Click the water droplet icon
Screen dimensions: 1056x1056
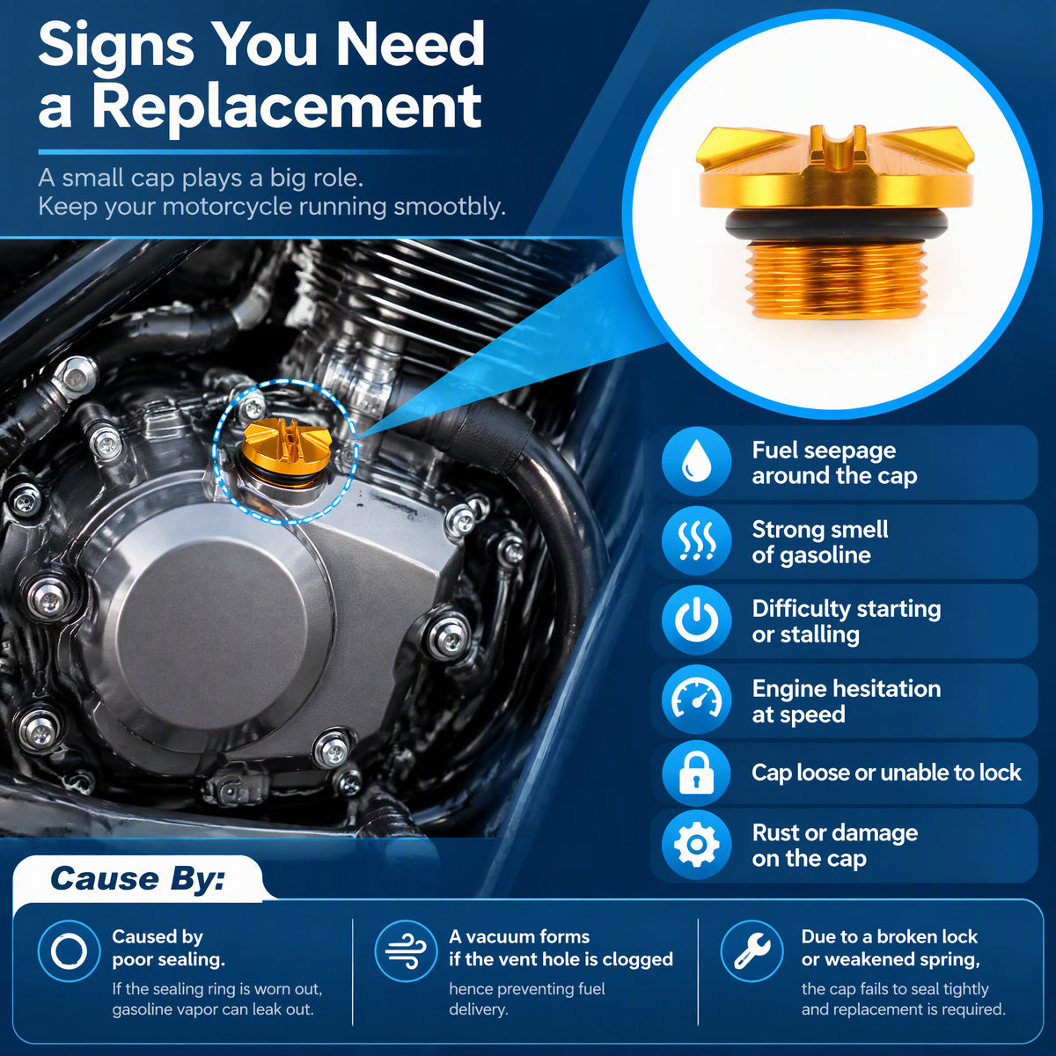pyautogui.click(x=696, y=462)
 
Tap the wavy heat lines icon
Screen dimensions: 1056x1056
pyautogui.click(x=696, y=540)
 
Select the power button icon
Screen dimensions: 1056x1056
pyautogui.click(x=696, y=620)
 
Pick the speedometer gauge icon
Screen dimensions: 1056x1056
pyautogui.click(x=696, y=700)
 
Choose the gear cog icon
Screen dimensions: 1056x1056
pyautogui.click(x=696, y=844)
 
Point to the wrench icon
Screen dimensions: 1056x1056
pyautogui.click(x=752, y=950)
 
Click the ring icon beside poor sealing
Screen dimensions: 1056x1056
pyautogui.click(x=69, y=950)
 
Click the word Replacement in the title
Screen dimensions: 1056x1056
pyautogui.click(x=287, y=107)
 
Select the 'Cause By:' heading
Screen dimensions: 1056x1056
pyautogui.click(x=137, y=878)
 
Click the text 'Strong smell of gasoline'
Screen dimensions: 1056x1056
pyautogui.click(x=820, y=542)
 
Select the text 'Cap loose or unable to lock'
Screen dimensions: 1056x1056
pyautogui.click(x=886, y=773)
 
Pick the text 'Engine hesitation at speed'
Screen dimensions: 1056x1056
pyautogui.click(x=846, y=701)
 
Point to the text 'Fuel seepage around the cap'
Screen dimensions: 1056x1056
pyautogui.click(x=834, y=464)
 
